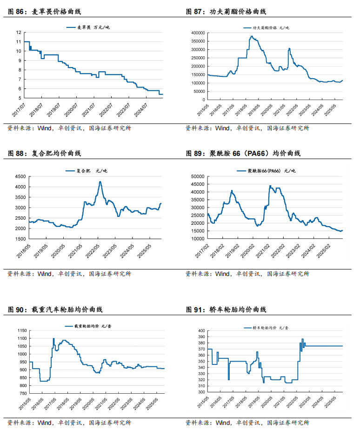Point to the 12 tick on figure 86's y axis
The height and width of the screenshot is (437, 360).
(x=19, y=33)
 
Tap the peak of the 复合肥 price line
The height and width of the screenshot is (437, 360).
(x=100, y=182)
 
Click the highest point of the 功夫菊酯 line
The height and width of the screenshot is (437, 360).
(x=251, y=36)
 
